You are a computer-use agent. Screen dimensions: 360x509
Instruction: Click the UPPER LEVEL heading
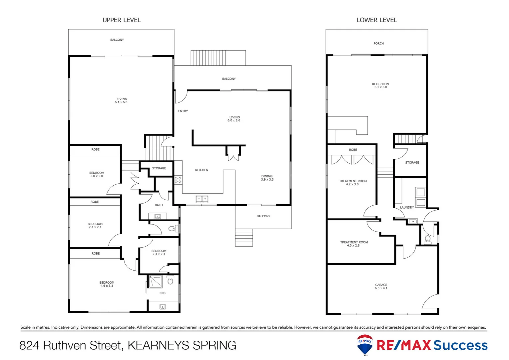pyautogui.click(x=122, y=20)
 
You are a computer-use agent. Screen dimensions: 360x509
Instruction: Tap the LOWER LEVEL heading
pyautogui.click(x=376, y=20)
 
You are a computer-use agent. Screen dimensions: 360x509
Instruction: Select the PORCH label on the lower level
pyautogui.click(x=378, y=43)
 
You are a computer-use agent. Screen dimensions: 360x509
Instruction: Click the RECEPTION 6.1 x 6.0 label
pyautogui.click(x=380, y=86)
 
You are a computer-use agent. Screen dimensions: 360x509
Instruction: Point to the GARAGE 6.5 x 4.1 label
pyautogui.click(x=381, y=287)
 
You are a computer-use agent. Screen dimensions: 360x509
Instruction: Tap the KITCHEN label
pyautogui.click(x=202, y=170)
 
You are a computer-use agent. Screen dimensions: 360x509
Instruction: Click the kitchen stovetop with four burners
pyautogui.click(x=178, y=180)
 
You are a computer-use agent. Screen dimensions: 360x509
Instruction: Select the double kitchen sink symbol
pyautogui.click(x=202, y=199)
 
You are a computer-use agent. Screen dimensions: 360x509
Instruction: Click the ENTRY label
pyautogui.click(x=183, y=111)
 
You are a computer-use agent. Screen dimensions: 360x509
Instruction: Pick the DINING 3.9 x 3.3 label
pyautogui.click(x=267, y=178)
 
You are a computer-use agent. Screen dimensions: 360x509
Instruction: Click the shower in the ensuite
pyautogui.click(x=155, y=282)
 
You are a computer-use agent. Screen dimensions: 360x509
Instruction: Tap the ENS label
pyautogui.click(x=162, y=293)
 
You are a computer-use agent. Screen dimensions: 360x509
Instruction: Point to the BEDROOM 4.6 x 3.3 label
pyautogui.click(x=107, y=284)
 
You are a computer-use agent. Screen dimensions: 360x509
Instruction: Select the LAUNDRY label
pyautogui.click(x=407, y=207)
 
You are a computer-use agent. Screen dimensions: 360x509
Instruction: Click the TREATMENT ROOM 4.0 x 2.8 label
pyautogui.click(x=354, y=244)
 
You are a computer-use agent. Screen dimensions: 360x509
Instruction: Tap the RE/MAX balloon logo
pyautogui.click(x=365, y=345)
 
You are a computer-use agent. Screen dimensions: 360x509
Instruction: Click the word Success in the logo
pyautogui.click(x=460, y=345)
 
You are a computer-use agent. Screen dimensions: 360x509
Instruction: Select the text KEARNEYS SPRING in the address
pyautogui.click(x=182, y=345)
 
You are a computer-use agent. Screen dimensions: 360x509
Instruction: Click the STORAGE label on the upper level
pyautogui.click(x=159, y=168)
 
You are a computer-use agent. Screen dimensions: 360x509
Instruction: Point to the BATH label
pyautogui.click(x=159, y=205)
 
